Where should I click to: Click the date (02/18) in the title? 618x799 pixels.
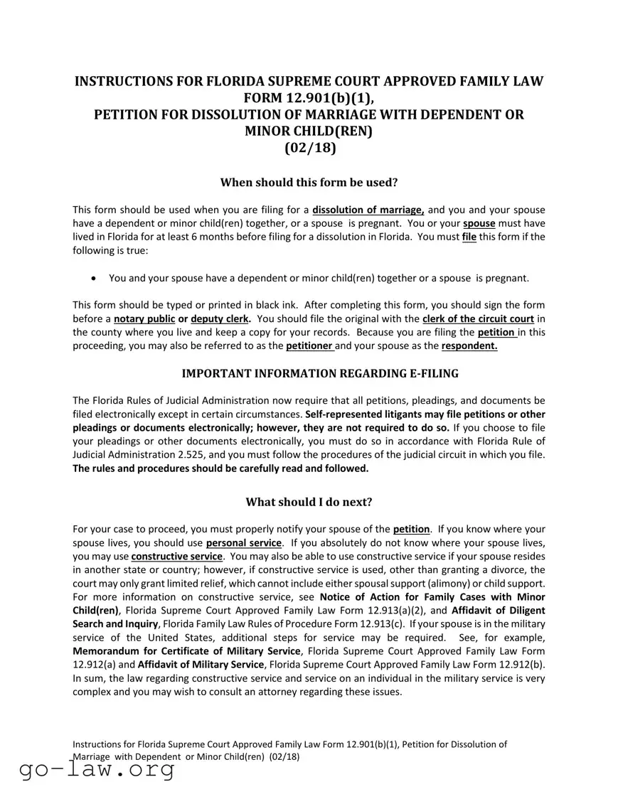[x=309, y=149]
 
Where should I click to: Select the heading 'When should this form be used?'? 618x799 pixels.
[x=309, y=183]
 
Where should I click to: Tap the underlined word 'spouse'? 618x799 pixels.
[x=479, y=223]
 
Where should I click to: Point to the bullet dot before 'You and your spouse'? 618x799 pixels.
[x=94, y=279]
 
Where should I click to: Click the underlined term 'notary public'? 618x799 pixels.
[x=144, y=318]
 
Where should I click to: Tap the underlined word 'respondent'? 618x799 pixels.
[x=469, y=346]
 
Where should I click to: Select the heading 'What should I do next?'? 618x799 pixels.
[x=309, y=502]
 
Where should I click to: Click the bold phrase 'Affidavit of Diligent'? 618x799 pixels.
[x=499, y=610]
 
